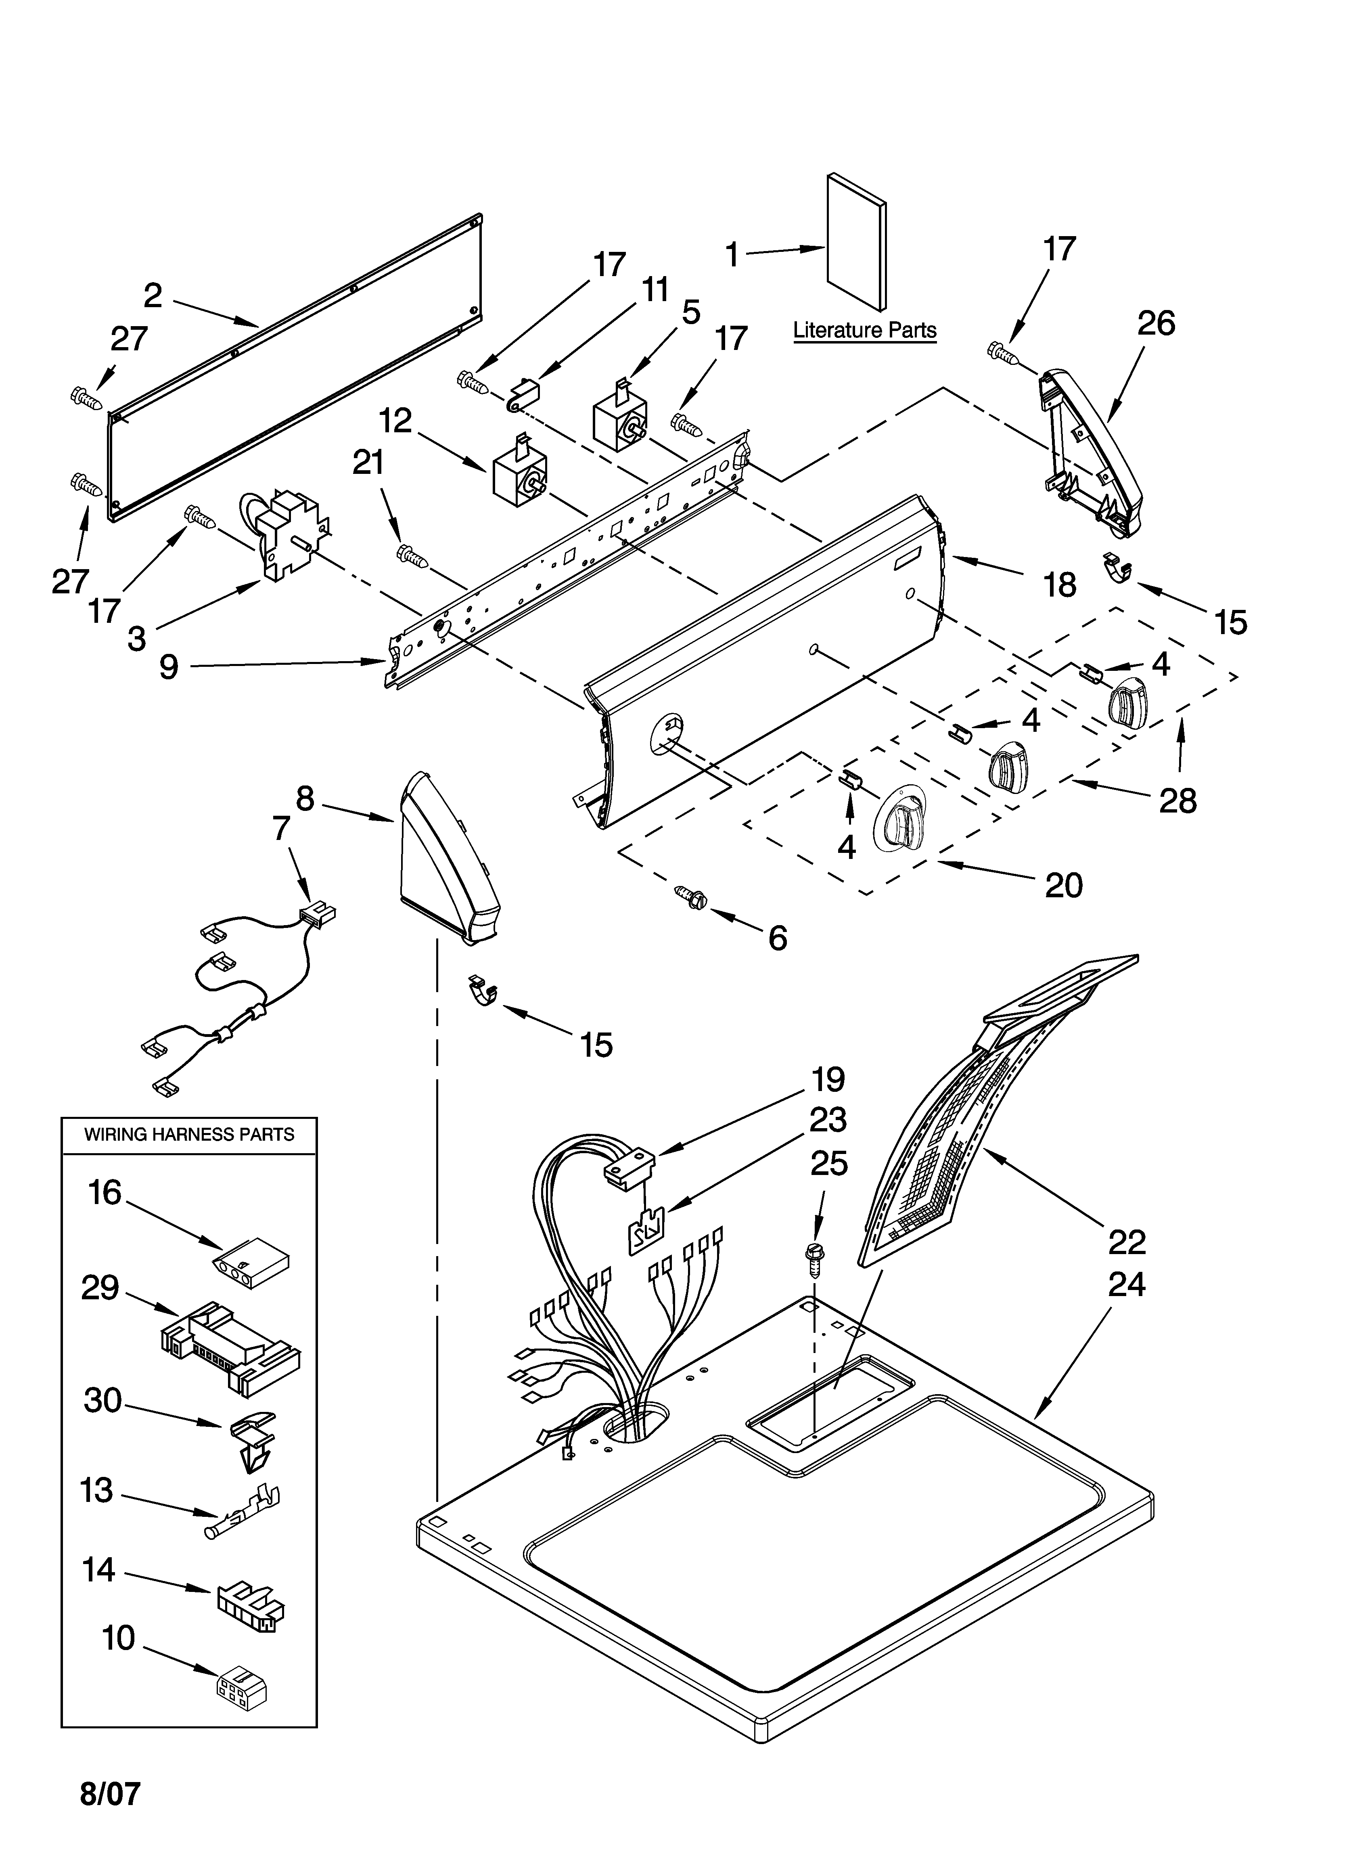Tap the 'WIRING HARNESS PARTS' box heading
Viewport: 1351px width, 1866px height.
tap(189, 1135)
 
